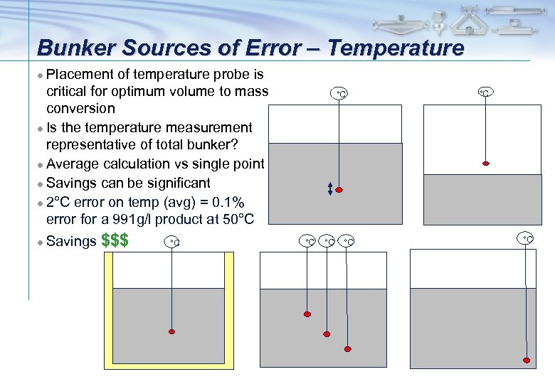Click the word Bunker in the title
click(73, 48)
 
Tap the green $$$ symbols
click(115, 240)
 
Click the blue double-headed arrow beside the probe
click(329, 188)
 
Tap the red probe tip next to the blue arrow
click(339, 190)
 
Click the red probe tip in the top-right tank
click(486, 164)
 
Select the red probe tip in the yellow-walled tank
click(171, 331)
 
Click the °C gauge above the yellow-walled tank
click(171, 242)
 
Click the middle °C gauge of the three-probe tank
click(327, 242)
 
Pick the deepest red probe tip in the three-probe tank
click(347, 348)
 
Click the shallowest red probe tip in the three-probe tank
click(307, 314)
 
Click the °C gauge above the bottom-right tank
click(527, 238)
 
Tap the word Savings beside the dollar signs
click(71, 242)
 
